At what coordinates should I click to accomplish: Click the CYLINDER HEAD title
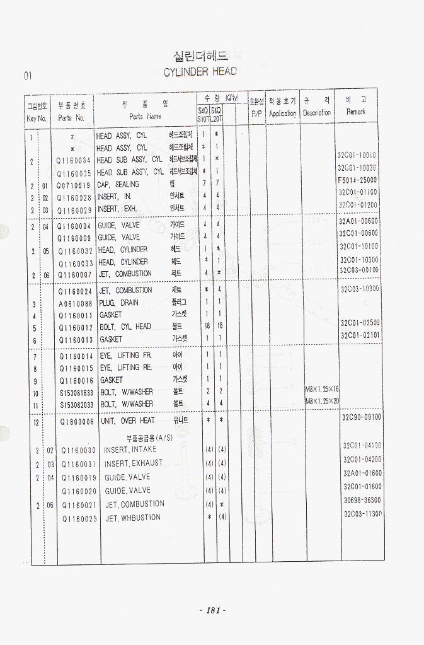coord(200,72)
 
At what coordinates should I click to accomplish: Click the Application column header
coord(282,113)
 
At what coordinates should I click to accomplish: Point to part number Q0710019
coord(74,185)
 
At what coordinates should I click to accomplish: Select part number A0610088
coord(76,303)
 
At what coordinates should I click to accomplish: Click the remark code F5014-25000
coord(357,180)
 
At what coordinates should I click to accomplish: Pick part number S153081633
coord(79,392)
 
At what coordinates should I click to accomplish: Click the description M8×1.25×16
coord(322,389)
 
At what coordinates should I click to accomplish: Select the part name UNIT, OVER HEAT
coord(127,421)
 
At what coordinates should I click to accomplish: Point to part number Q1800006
coord(77,421)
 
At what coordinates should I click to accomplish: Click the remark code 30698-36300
coord(362,500)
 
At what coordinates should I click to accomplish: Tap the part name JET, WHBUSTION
coord(133,518)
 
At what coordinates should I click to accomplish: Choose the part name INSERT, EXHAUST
coord(133,463)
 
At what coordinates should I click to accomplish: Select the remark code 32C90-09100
coord(361,417)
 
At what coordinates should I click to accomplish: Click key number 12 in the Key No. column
coord(36,422)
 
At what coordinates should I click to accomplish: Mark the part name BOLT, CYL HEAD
coord(125,327)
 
